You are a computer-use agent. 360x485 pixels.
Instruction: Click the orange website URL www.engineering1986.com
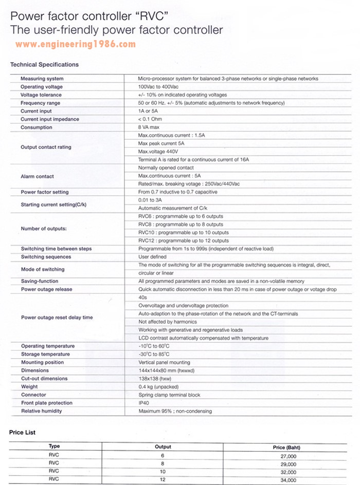pyautogui.click(x=76, y=45)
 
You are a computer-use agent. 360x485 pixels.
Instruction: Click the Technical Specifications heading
pyautogui.click(x=45, y=65)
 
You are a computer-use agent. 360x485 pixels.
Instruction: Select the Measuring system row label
pyautogui.click(x=42, y=79)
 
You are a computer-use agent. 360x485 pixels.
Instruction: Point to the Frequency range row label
pyautogui.click(x=40, y=103)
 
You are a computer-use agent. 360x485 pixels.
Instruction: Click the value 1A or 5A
pyautogui.click(x=149, y=111)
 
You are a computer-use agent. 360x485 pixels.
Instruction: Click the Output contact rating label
pyautogui.click(x=46, y=147)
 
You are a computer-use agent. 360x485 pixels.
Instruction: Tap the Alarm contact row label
pyautogui.click(x=37, y=176)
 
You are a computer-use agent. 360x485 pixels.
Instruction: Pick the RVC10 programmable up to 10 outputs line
pyautogui.click(x=184, y=232)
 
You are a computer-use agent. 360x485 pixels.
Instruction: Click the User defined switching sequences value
pyautogui.click(x=152, y=257)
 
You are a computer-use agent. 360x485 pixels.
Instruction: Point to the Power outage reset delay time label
pyautogui.click(x=57, y=318)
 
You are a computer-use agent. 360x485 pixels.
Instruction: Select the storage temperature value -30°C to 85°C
pyautogui.click(x=154, y=355)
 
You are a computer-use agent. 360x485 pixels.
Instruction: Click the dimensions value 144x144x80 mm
pyautogui.click(x=166, y=370)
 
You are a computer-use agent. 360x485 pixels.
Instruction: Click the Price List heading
pyautogui.click(x=23, y=433)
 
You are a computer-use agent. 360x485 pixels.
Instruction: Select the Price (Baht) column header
pyautogui.click(x=286, y=447)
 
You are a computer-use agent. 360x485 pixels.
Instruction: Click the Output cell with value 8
pyautogui.click(x=163, y=464)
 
